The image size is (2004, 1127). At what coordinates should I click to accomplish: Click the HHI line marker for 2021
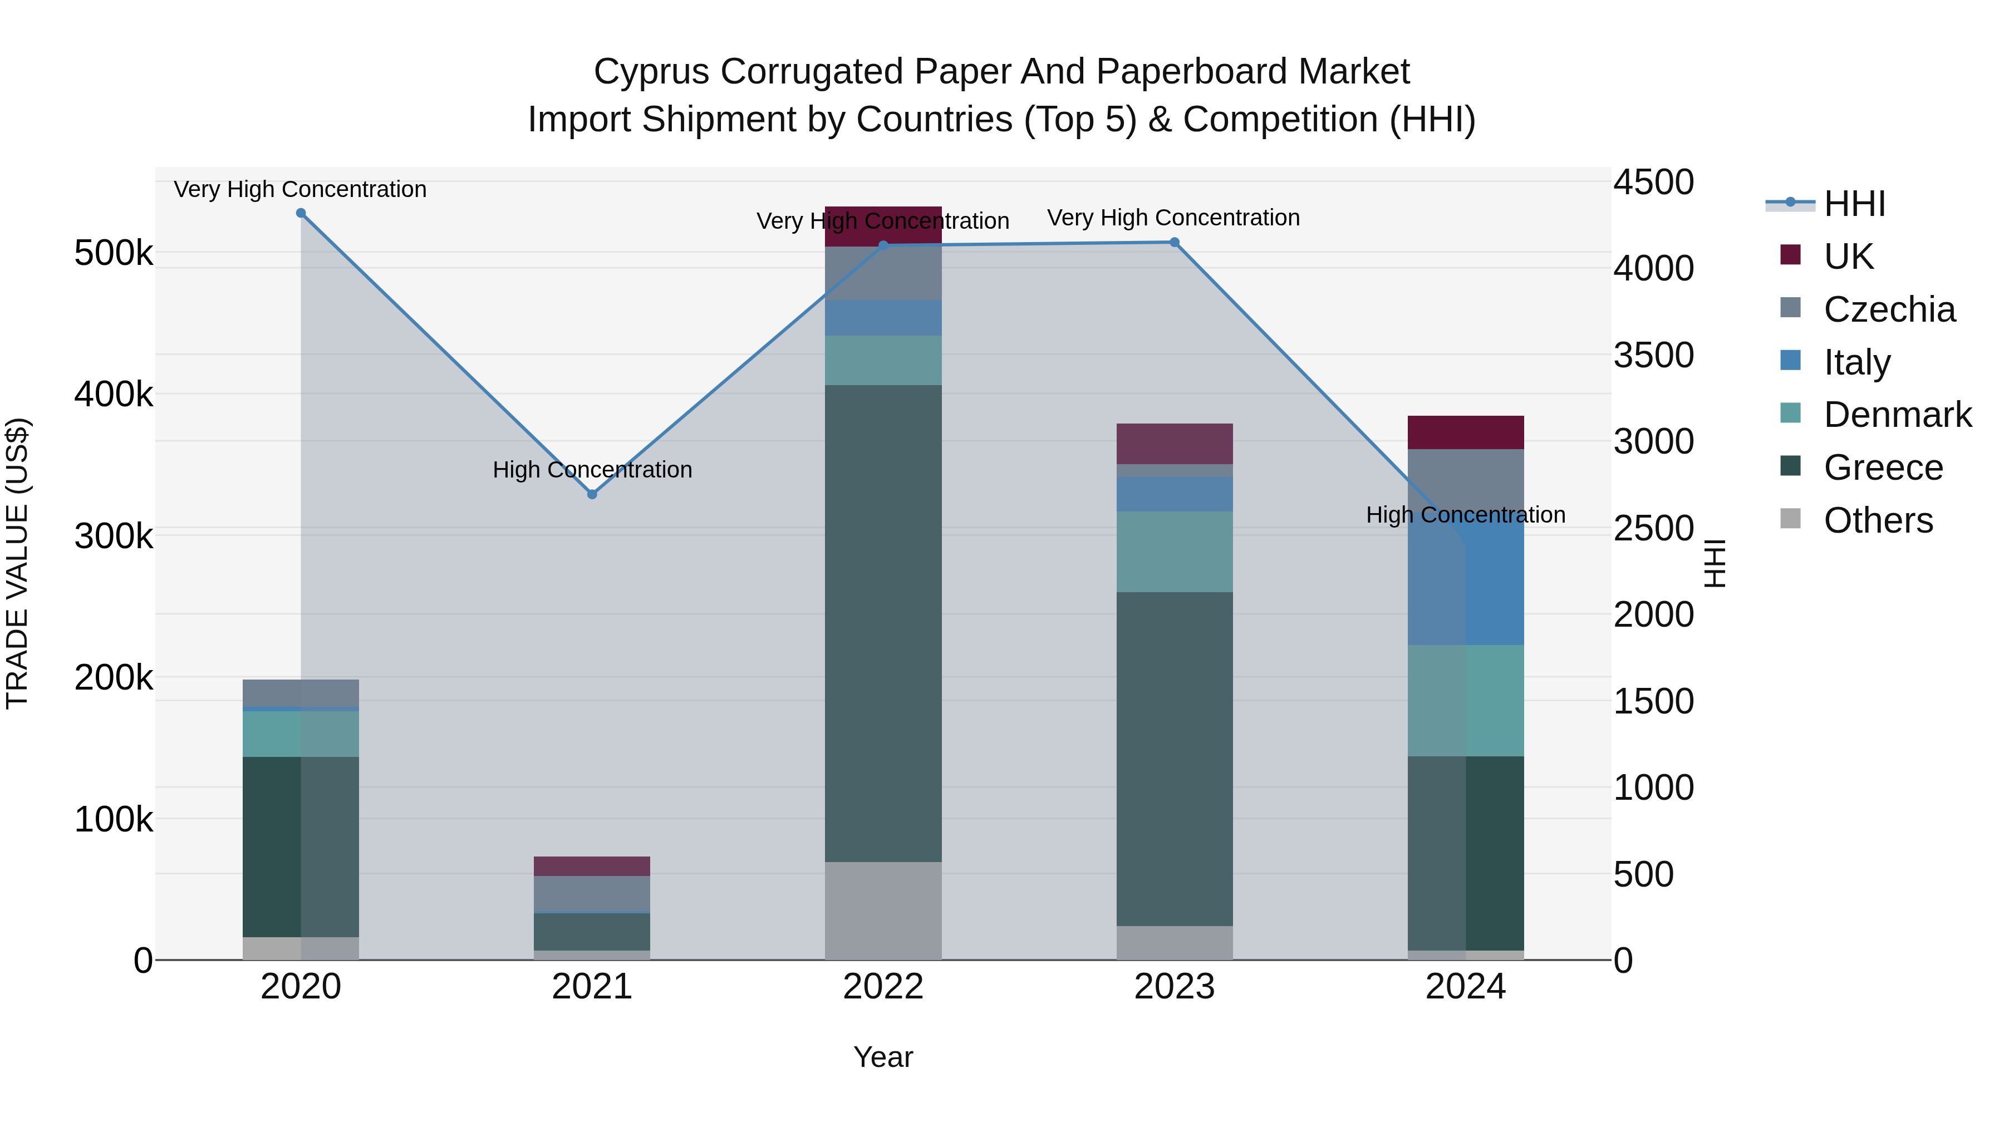pos(592,494)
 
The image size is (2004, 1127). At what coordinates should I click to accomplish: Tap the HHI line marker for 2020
pos(301,213)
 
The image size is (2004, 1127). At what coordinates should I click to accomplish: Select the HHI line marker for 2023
pos(1175,243)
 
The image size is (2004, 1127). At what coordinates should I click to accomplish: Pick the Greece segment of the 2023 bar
pos(1175,759)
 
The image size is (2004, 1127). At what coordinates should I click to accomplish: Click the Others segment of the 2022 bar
pos(883,910)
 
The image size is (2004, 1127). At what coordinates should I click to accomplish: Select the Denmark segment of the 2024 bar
pos(1466,700)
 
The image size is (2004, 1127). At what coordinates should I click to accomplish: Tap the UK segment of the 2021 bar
pos(592,865)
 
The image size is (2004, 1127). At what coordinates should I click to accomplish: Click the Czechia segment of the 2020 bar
pos(301,692)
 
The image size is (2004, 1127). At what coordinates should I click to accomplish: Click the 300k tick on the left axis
pos(114,536)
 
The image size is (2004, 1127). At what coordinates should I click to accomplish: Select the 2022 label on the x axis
pos(883,987)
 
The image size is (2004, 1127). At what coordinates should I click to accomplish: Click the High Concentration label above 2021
pos(592,470)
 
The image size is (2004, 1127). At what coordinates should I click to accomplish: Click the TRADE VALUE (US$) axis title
pos(17,563)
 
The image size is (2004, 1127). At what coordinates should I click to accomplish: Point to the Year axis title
pos(883,1057)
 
